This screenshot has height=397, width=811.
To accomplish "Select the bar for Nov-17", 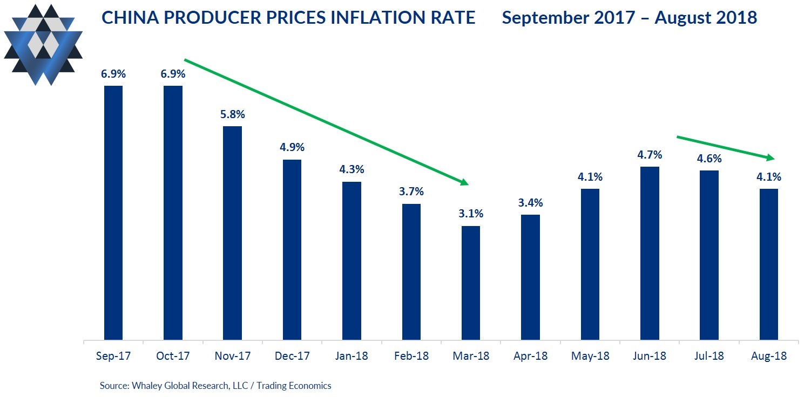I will (232, 233).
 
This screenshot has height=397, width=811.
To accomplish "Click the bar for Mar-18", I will (470, 283).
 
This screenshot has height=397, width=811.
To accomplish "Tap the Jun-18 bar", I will (650, 254).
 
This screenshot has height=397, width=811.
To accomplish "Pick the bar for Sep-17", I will (113, 213).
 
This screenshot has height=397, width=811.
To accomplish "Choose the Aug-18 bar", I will (769, 264).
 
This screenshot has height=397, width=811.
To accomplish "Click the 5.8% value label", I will (232, 114).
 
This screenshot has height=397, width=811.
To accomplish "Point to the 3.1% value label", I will (470, 214).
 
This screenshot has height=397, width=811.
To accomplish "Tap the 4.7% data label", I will (650, 155).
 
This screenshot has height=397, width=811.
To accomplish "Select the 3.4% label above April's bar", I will (530, 203).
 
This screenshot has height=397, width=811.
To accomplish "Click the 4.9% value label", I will (292, 147).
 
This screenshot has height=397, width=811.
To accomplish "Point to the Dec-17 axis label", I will (292, 357).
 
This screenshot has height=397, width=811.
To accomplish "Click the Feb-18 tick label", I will (411, 357).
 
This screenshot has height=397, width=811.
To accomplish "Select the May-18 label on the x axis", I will (590, 357).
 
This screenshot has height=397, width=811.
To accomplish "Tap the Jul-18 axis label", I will (709, 357).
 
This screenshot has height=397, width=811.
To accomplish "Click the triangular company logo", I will (43, 44).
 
